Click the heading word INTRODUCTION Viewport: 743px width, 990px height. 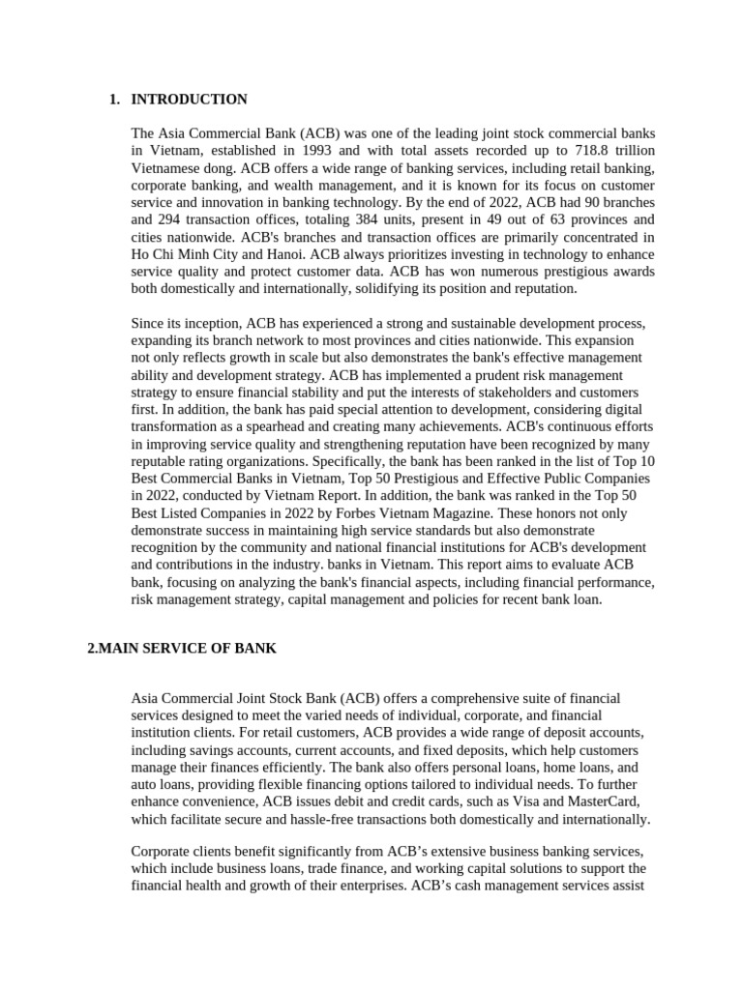point(189,100)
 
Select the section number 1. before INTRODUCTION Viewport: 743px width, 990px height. point(115,100)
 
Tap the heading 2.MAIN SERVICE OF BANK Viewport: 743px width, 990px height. point(182,649)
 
